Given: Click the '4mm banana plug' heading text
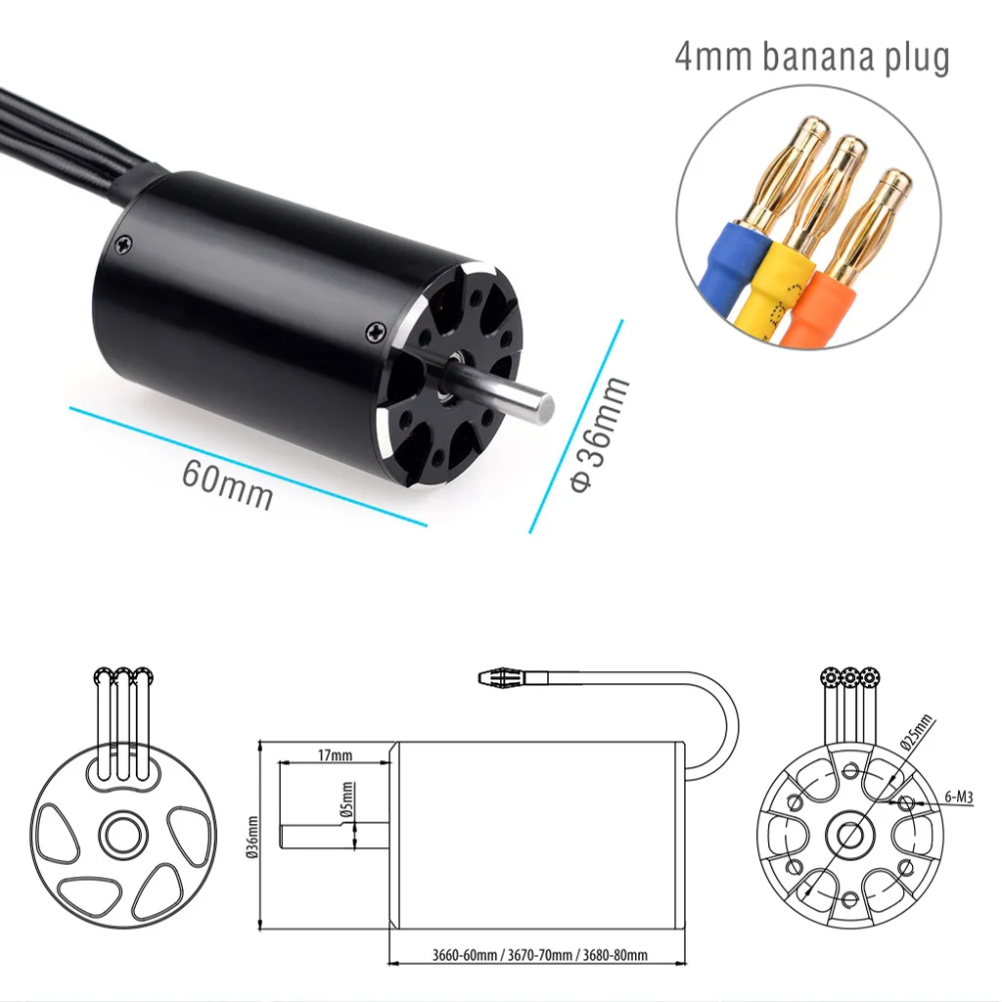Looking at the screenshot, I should (811, 57).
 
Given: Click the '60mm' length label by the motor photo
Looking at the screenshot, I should (227, 482).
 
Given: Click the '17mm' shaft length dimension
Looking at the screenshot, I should (335, 755).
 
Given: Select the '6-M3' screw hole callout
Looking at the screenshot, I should (959, 797).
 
